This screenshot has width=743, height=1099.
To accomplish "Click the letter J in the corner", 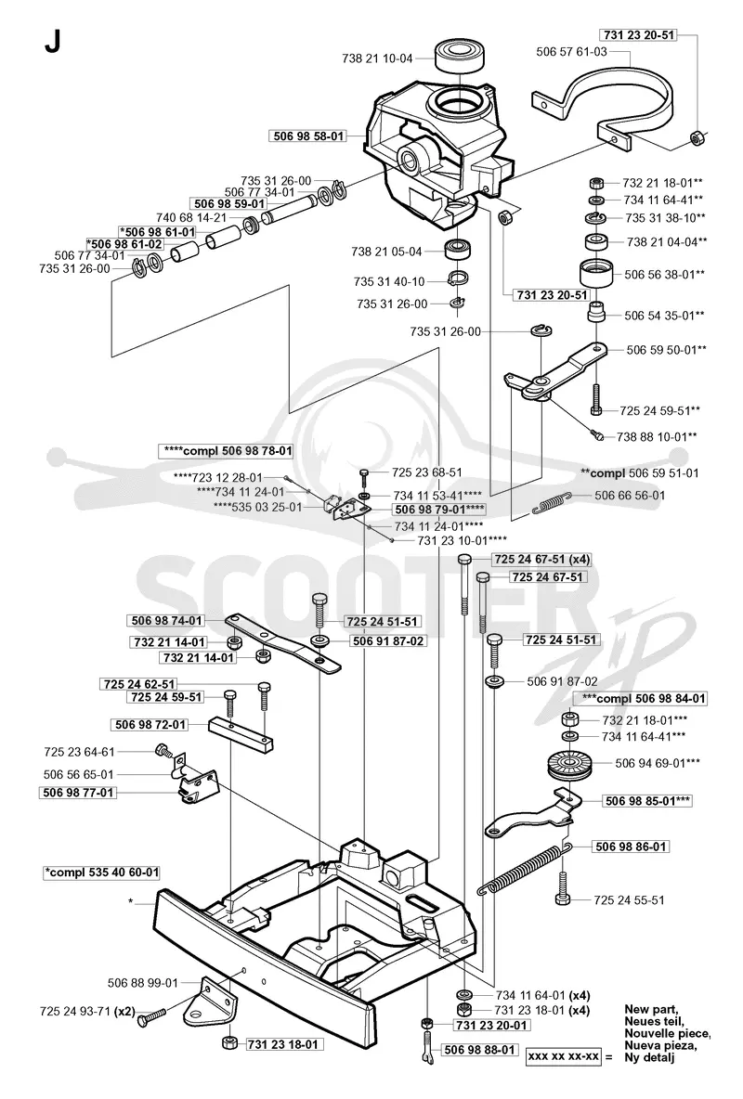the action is (52, 44).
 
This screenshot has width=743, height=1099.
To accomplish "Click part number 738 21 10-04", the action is (377, 58).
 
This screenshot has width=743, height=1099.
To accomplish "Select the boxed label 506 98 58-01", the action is (308, 136).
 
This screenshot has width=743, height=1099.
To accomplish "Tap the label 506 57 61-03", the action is (572, 51).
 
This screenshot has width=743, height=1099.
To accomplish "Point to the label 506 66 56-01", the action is (630, 495).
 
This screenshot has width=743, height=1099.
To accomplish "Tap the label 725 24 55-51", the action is (629, 900).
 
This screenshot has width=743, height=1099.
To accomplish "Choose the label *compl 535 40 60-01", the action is (102, 873).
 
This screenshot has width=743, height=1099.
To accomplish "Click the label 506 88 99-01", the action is (143, 983).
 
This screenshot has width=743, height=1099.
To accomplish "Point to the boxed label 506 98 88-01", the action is (480, 1050).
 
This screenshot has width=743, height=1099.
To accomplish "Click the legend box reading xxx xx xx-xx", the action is (564, 1056).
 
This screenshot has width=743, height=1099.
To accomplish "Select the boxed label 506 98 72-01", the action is (150, 724).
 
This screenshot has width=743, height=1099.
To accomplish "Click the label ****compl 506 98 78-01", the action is (228, 451).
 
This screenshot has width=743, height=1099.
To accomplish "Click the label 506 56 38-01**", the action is (665, 274).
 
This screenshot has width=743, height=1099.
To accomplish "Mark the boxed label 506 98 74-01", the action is (167, 620).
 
